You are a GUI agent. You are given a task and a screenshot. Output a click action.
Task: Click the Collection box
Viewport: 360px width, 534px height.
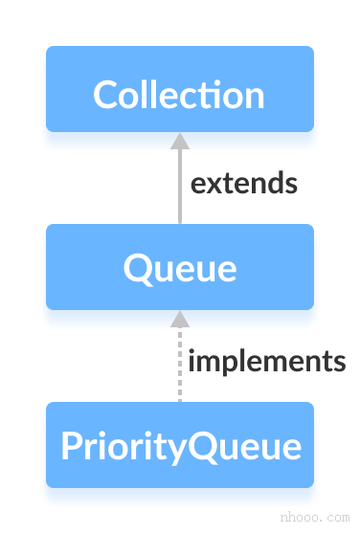click(179, 89)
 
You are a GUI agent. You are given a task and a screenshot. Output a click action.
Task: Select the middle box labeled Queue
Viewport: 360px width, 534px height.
click(179, 267)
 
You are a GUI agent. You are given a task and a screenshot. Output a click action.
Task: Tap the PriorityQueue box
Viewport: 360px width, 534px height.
click(179, 445)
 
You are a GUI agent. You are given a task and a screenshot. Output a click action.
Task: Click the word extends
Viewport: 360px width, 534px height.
click(243, 183)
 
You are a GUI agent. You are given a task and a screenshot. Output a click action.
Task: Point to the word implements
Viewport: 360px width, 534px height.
click(266, 362)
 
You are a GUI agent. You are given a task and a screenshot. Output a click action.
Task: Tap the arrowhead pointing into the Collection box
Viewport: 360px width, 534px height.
click(179, 141)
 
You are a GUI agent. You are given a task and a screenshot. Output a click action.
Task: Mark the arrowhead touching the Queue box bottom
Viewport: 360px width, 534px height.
click(179, 319)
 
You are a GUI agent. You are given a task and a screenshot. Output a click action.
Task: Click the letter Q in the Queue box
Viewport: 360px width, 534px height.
click(137, 268)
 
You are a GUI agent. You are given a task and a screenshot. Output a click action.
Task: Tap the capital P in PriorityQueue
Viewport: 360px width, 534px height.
click(71, 446)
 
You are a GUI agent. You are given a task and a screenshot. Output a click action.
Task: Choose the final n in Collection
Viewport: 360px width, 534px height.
click(255, 96)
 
